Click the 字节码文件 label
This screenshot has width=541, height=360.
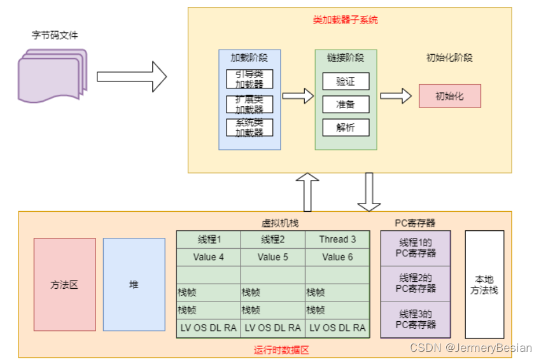[55, 35]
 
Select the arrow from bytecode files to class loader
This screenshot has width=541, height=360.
[131, 76]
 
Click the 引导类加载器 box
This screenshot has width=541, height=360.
[249, 79]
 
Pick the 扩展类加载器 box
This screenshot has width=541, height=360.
[249, 104]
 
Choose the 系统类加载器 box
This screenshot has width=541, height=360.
[249, 127]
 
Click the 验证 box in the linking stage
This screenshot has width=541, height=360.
[346, 81]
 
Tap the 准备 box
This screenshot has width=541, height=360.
[346, 104]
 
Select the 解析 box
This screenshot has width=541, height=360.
[346, 127]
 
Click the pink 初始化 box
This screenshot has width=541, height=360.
[449, 96]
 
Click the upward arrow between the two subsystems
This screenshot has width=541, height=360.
[308, 192]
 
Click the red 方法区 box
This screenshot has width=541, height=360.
[65, 285]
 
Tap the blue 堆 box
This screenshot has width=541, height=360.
[134, 284]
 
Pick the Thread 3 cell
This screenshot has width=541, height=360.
[337, 240]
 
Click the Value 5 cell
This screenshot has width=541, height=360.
[273, 257]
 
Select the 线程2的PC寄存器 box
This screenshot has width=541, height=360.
[416, 284]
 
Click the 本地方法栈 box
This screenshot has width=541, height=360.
[484, 284]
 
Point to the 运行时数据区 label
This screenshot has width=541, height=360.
[281, 350]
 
